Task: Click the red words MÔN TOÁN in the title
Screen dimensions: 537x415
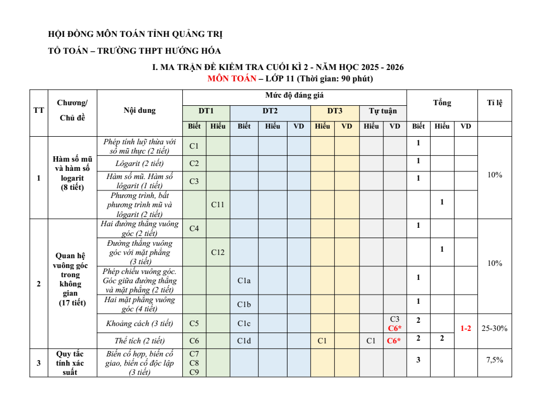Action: pyautogui.click(x=232, y=79)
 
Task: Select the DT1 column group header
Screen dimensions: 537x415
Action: pyautogui.click(x=206, y=111)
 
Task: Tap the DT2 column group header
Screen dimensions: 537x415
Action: pyautogui.click(x=270, y=111)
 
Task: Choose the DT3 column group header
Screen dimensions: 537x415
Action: pyautogui.click(x=335, y=111)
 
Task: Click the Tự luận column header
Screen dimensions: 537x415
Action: pyautogui.click(x=383, y=111)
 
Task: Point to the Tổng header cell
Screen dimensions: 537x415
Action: pyautogui.click(x=442, y=103)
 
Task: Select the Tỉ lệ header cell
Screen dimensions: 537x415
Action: pyautogui.click(x=495, y=103)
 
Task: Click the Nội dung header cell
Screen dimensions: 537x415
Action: pyautogui.click(x=139, y=110)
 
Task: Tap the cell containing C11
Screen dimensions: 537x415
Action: pyautogui.click(x=218, y=205)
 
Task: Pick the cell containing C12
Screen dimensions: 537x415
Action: pyautogui.click(x=218, y=252)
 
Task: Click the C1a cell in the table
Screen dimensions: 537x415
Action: pyautogui.click(x=244, y=280)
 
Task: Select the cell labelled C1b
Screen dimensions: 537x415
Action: pyautogui.click(x=244, y=304)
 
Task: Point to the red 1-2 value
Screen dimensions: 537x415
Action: pyautogui.click(x=465, y=328)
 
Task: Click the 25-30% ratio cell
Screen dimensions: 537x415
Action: pyautogui.click(x=495, y=328)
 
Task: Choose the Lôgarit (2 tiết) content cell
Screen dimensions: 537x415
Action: pyautogui.click(x=140, y=163)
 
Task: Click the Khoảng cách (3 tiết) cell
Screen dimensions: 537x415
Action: pyautogui.click(x=140, y=323)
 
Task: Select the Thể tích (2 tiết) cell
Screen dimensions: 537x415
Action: pyautogui.click(x=140, y=341)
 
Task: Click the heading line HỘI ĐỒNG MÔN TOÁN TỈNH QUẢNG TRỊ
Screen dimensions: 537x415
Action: pyautogui.click(x=136, y=34)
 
